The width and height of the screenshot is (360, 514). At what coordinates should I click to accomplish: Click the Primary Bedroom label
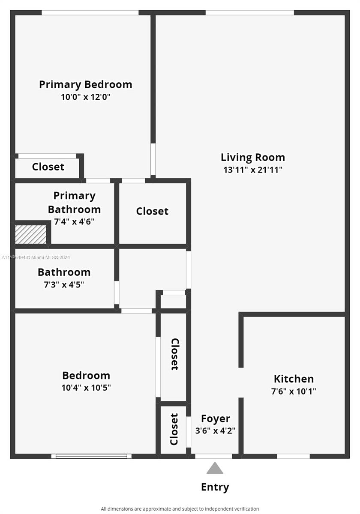(85, 84)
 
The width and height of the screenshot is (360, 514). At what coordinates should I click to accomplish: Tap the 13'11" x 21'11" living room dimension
(252, 170)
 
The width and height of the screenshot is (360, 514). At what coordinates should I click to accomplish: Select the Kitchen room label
(294, 379)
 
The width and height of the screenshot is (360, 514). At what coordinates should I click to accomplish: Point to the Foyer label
(215, 418)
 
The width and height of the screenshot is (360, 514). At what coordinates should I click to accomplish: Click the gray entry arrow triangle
(215, 468)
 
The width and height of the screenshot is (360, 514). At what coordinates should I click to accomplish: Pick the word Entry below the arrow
(215, 487)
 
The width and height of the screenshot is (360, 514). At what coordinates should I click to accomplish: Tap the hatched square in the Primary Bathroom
(31, 234)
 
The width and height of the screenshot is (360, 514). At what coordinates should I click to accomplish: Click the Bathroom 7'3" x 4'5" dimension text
(64, 284)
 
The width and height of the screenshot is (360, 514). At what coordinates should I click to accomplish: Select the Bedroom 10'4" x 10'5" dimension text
(86, 388)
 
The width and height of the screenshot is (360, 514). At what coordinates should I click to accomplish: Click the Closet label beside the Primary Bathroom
(152, 211)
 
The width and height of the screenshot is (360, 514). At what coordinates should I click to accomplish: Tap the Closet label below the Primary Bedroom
(48, 167)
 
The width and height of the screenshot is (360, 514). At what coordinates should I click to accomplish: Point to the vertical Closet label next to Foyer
(174, 429)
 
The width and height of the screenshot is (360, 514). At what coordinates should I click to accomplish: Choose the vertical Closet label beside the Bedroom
(174, 354)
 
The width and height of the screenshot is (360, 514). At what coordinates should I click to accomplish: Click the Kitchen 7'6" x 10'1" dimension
(294, 391)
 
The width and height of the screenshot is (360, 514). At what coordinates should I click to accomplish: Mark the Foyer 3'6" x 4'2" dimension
(215, 430)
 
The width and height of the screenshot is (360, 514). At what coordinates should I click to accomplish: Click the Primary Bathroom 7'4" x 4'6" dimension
(74, 221)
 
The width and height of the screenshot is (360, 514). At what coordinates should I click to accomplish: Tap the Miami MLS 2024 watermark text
(36, 257)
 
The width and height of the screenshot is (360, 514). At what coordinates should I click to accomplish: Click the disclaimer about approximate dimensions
(180, 509)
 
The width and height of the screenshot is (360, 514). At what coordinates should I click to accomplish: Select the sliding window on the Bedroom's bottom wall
(91, 456)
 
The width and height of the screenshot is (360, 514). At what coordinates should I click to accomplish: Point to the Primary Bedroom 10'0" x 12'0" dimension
(86, 97)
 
